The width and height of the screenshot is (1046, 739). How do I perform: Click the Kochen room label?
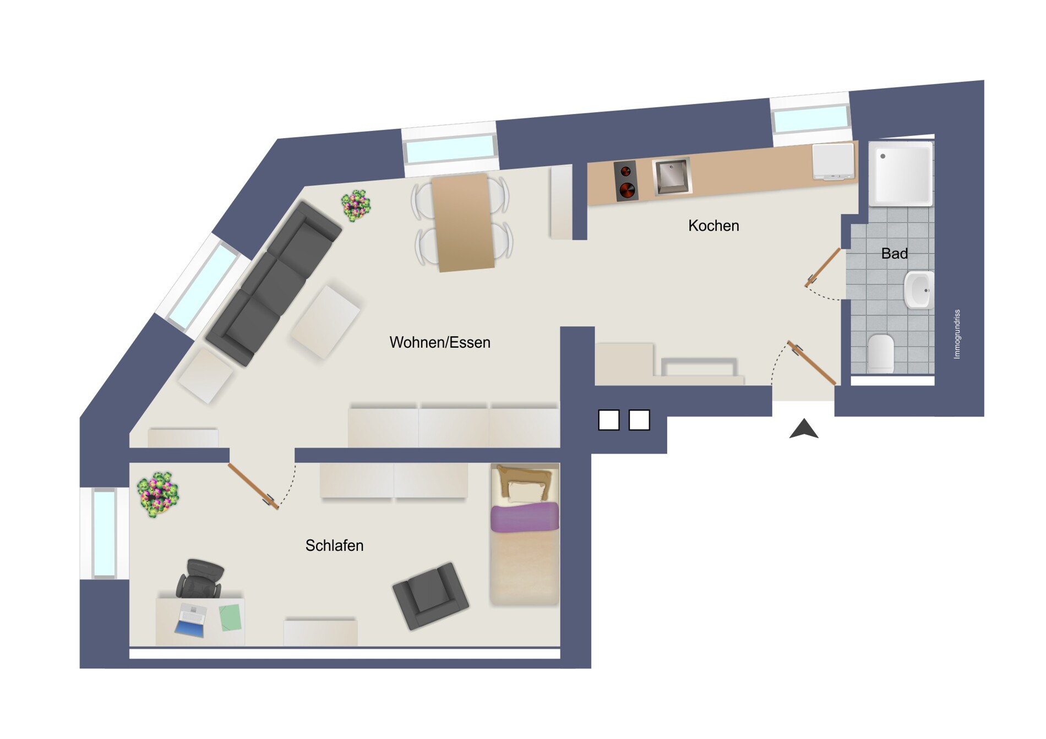pyautogui.click(x=713, y=226)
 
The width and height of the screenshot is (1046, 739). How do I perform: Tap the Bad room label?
pyautogui.click(x=895, y=254)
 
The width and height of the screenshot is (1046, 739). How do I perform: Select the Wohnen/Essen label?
pyautogui.click(x=440, y=342)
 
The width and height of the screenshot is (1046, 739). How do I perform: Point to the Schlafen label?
pyautogui.click(x=334, y=545)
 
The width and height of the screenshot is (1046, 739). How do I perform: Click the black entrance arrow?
pyautogui.click(x=804, y=429)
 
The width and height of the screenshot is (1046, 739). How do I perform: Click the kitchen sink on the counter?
pyautogui.click(x=672, y=177)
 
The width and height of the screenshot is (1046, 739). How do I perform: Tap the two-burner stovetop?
pyautogui.click(x=626, y=181)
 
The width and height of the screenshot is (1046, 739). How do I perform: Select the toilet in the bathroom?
pyautogui.click(x=881, y=353)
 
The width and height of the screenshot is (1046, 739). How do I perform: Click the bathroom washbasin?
pyautogui.click(x=918, y=290)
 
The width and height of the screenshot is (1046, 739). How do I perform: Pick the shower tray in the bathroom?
pyautogui.click(x=901, y=173)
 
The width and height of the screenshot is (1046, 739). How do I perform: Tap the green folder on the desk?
pyautogui.click(x=231, y=617)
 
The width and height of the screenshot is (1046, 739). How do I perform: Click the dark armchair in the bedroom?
pyautogui.click(x=431, y=595)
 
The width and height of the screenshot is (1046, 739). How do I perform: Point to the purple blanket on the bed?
pyautogui.click(x=524, y=517)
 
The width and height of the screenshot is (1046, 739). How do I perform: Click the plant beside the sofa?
pyautogui.click(x=356, y=206)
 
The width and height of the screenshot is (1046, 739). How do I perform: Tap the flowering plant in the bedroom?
pyautogui.click(x=158, y=494)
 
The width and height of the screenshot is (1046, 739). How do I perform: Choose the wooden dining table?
pyautogui.click(x=462, y=223)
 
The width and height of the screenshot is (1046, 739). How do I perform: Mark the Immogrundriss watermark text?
pyautogui.click(x=957, y=334)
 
